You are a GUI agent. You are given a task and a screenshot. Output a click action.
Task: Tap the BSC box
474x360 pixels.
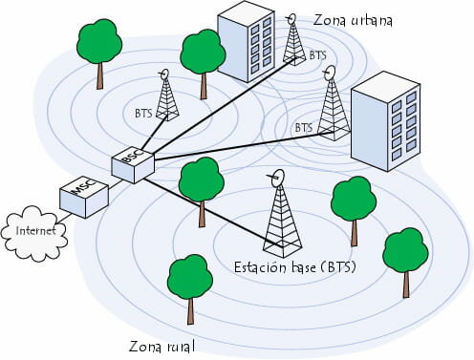coord(132,163)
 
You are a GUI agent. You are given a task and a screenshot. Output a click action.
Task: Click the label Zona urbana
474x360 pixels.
coord(354,20)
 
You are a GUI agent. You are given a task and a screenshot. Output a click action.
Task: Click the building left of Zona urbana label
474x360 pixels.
coord(246,45)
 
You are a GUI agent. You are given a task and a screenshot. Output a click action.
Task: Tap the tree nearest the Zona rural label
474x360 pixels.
coord(189,281)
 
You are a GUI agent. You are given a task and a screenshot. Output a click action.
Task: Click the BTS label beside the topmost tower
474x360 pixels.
coord(318,56)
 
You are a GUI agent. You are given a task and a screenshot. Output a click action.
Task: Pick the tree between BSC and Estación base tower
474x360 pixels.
coord(202,185)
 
